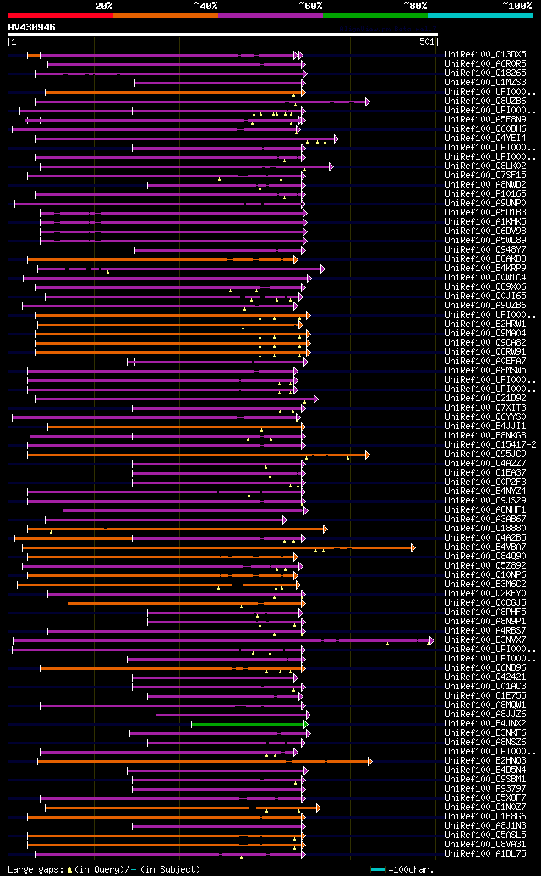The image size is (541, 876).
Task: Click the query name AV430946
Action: (x=32, y=27)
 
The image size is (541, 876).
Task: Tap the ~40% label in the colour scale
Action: (x=205, y=5)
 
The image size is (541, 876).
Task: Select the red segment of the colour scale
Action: (x=60, y=14)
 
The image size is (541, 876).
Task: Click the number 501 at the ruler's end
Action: (x=427, y=41)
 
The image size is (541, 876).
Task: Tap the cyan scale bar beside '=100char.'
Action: (x=378, y=869)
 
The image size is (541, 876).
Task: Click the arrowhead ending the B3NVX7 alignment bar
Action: (x=431, y=640)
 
